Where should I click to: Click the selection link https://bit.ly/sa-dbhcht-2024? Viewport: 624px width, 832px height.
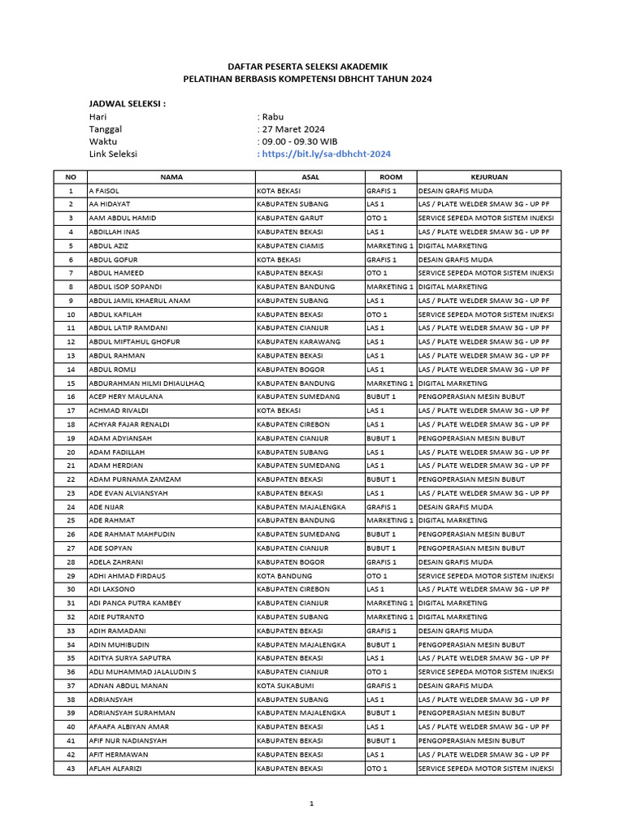click(x=325, y=154)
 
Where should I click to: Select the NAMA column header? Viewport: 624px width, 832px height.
click(x=171, y=176)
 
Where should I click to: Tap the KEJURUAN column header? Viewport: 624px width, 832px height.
click(x=488, y=176)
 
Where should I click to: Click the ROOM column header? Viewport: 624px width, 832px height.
click(x=390, y=176)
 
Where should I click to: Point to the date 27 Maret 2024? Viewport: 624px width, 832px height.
click(x=292, y=128)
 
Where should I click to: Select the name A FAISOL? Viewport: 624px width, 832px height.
click(x=105, y=190)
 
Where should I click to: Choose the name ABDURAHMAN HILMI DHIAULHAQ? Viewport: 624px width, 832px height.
click(x=147, y=383)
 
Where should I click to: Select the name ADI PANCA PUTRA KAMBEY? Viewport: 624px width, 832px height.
click(x=135, y=603)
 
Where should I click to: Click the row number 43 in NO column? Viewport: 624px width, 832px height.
click(x=71, y=768)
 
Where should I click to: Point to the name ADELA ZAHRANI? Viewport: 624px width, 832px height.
click(x=115, y=561)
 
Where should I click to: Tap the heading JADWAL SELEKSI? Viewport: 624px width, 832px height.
click(x=127, y=104)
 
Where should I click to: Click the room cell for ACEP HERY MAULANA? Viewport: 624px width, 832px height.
click(x=381, y=396)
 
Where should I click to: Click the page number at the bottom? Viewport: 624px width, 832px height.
click(x=311, y=804)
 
